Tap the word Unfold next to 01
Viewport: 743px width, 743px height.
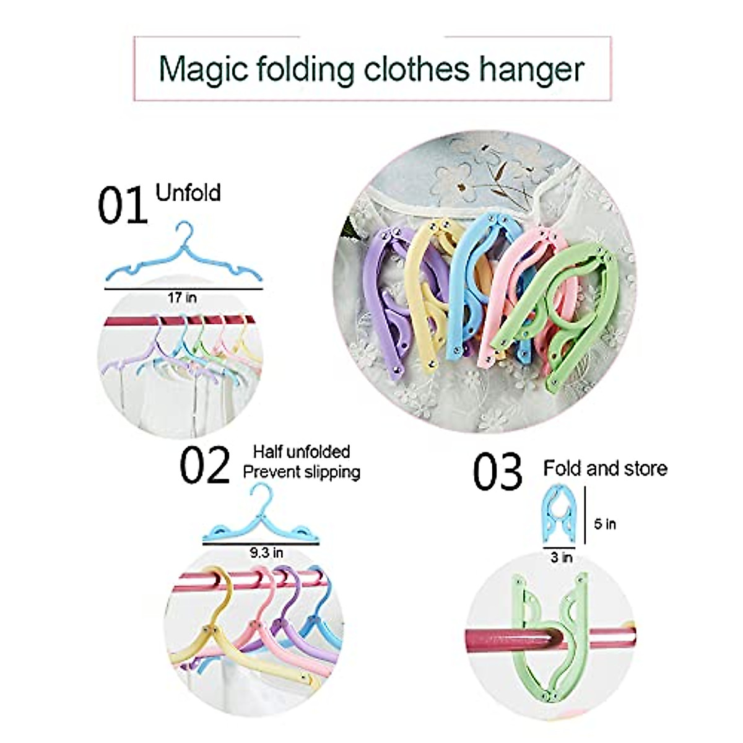188,193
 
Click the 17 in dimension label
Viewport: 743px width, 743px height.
182,298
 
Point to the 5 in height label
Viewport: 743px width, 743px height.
605,524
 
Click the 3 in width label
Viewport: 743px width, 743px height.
562,557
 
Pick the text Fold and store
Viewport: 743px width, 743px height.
605,469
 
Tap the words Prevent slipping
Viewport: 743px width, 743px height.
302,472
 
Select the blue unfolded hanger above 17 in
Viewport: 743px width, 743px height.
183,263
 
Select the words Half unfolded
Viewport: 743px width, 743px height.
302,451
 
